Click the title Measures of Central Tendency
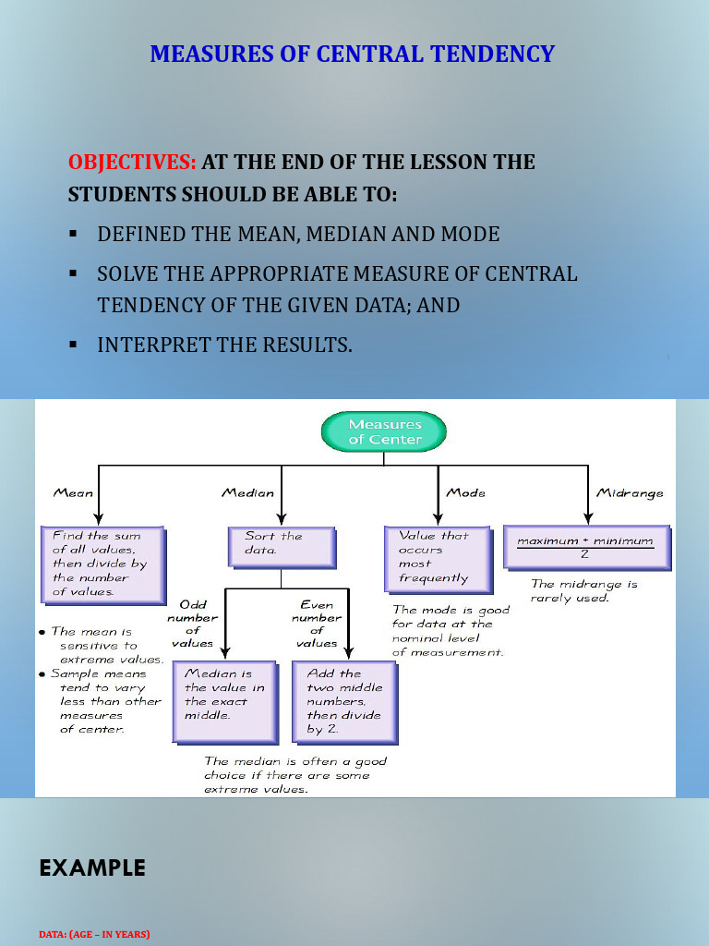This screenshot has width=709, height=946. click(353, 54)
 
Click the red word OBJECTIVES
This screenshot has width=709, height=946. click(132, 162)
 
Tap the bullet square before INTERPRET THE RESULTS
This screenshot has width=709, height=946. click(72, 345)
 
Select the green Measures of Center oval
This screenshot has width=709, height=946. click(384, 432)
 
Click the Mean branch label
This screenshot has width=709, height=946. click(73, 492)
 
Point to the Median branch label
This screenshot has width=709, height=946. click(247, 492)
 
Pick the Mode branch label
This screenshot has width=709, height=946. click(465, 492)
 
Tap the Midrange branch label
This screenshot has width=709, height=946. click(630, 492)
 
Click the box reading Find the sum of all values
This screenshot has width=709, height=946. click(102, 564)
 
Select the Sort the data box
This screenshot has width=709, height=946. click(281, 545)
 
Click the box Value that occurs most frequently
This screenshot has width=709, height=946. click(437, 557)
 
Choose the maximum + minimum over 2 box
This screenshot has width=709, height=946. click(585, 546)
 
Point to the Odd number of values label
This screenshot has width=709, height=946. click(192, 624)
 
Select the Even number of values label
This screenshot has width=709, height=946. click(317, 624)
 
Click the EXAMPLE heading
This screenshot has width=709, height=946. click(92, 868)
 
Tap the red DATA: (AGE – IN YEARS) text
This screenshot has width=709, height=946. click(94, 934)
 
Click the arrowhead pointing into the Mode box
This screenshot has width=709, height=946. click(437, 519)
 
